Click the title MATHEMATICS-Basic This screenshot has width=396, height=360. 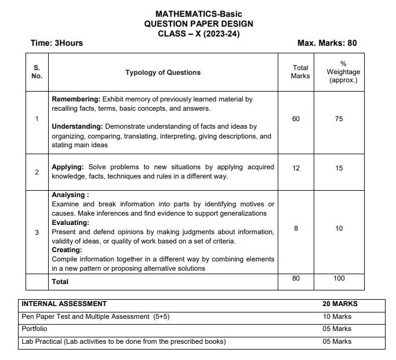pyautogui.click(x=198, y=14)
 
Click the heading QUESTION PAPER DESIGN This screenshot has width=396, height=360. pyautogui.click(x=198, y=24)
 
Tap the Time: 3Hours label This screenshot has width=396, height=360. pyautogui.click(x=56, y=43)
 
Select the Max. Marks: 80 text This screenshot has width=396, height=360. pyautogui.click(x=327, y=43)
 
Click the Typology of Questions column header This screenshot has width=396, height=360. pyautogui.click(x=163, y=72)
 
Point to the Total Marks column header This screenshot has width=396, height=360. pyautogui.click(x=300, y=72)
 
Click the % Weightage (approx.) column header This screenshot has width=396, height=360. pyautogui.click(x=343, y=72)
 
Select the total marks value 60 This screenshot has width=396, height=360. pyautogui.click(x=296, y=119)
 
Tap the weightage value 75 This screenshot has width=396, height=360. pyautogui.click(x=339, y=119)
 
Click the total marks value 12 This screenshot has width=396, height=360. pyautogui.click(x=296, y=168)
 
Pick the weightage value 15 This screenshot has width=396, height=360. pyautogui.click(x=339, y=168)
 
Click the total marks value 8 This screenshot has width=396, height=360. pyautogui.click(x=296, y=228)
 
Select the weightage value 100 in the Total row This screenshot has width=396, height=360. pyautogui.click(x=339, y=278)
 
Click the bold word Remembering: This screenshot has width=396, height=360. pyautogui.click(x=76, y=99)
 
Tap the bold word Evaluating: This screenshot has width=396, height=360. pyautogui.click(x=70, y=223)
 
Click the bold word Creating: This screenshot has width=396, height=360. pyautogui.click(x=67, y=250)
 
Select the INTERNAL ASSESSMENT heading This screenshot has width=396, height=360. pyautogui.click(x=64, y=304)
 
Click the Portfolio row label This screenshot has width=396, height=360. pyautogui.click(x=34, y=329)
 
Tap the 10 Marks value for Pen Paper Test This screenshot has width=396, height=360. pyautogui.click(x=337, y=317)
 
